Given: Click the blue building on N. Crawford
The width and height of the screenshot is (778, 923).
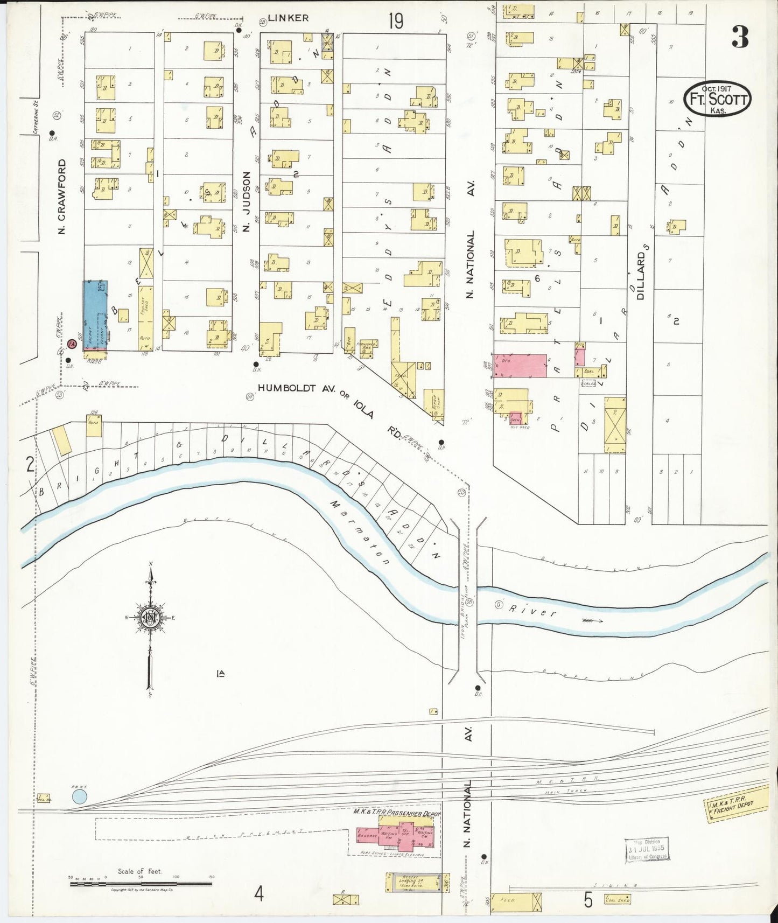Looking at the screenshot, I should pyautogui.click(x=95, y=315).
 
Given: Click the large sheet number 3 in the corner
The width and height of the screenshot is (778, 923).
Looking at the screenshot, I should pyautogui.click(x=740, y=37).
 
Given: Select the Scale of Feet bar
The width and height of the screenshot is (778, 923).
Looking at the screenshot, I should pyautogui.click(x=141, y=883).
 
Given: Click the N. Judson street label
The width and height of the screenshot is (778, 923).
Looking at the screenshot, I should pyautogui.click(x=247, y=202).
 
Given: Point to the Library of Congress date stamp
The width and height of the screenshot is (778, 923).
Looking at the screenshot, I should pyautogui.click(x=646, y=850).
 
